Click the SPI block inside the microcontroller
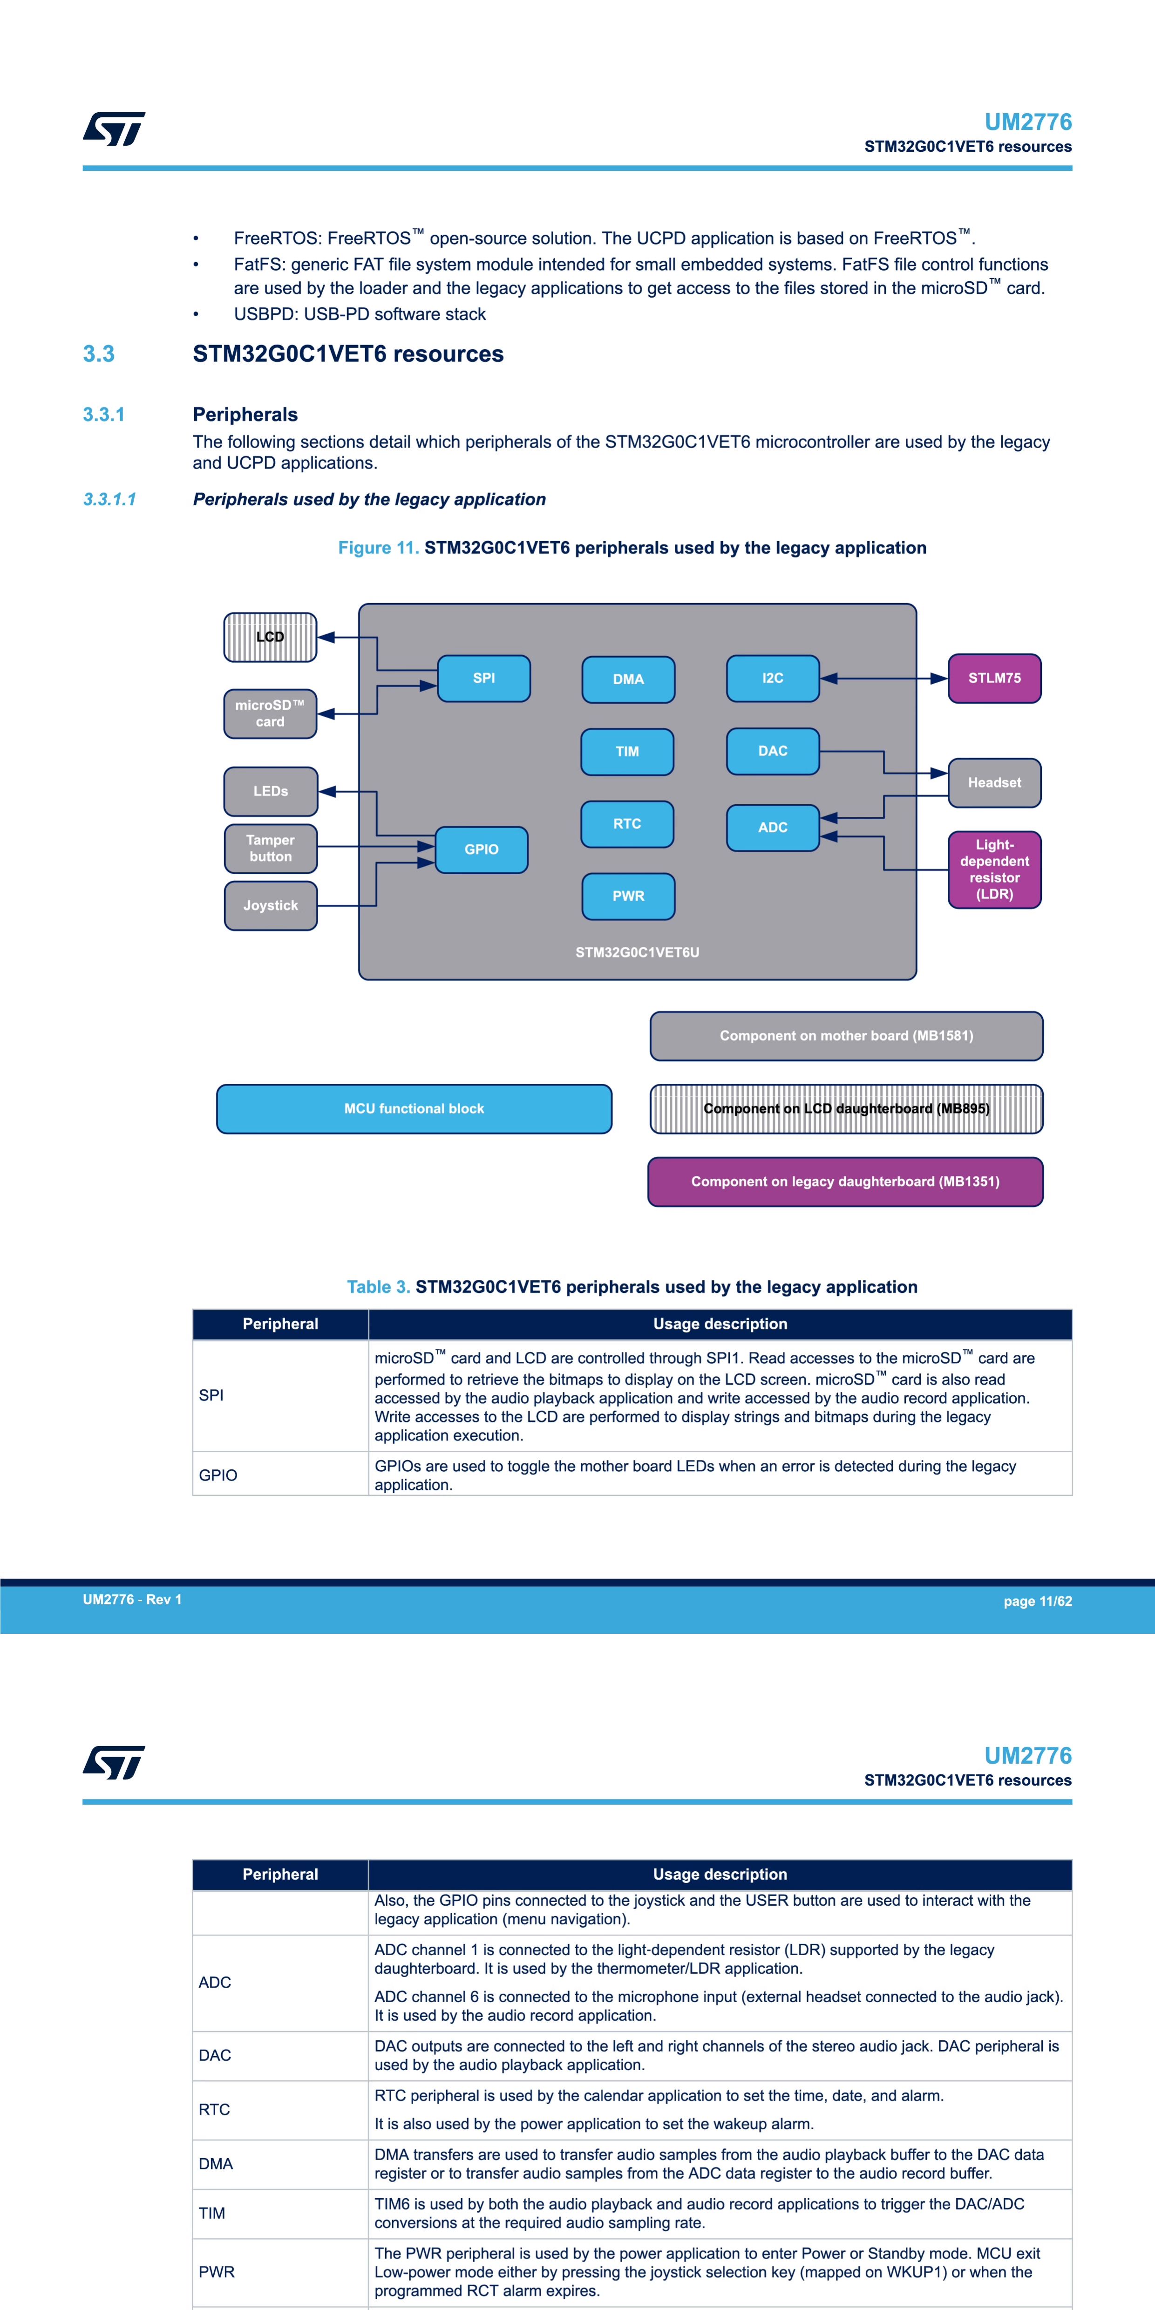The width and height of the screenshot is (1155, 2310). tap(483, 678)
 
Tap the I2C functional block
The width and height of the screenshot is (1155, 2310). tap(773, 678)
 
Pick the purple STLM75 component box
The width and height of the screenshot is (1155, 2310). tap(994, 678)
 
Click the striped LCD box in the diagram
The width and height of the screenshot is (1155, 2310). tap(270, 637)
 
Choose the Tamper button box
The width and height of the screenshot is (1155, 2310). tap(271, 848)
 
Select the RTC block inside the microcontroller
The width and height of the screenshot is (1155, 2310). tap(627, 823)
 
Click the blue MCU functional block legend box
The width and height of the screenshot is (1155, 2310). tap(414, 1108)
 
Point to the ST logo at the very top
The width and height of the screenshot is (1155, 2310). tap(114, 129)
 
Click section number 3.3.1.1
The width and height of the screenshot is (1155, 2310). tap(109, 499)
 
